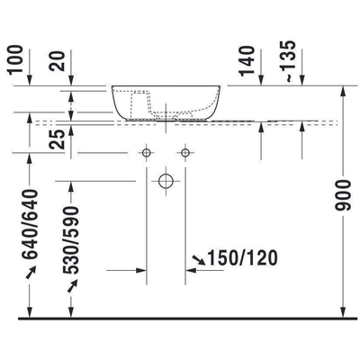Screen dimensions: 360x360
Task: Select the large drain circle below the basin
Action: [x=166, y=181]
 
